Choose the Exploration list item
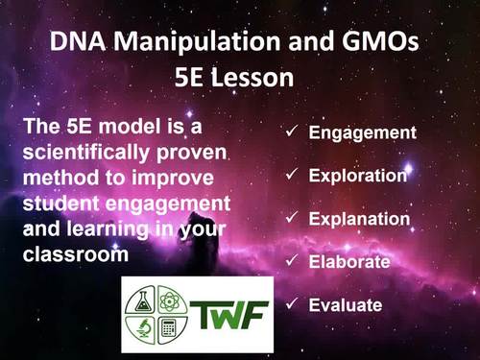[358, 176]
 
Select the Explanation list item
[359, 219]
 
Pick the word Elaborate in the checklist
[348, 262]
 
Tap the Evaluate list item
[346, 305]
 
